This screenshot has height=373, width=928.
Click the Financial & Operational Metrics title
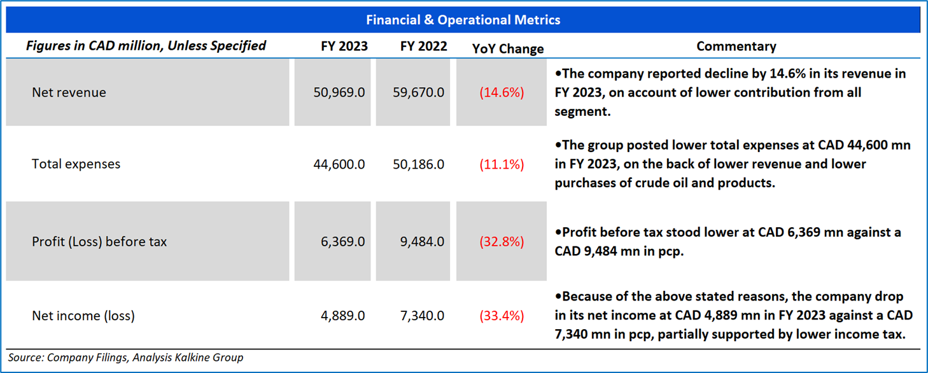(463, 20)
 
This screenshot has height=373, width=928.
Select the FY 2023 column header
(344, 46)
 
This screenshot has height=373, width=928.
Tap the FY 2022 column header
(423, 46)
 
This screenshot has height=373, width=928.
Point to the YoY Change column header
(508, 48)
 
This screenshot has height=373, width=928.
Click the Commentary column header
(736, 46)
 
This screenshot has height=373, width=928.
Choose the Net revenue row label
(69, 92)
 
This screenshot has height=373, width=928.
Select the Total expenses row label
(76, 164)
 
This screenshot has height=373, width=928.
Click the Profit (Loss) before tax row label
(99, 242)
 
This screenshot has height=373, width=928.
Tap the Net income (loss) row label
(83, 316)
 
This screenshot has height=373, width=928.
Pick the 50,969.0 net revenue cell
(339, 92)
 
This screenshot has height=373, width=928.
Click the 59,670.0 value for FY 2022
(418, 92)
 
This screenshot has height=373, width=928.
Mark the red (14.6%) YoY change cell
(502, 92)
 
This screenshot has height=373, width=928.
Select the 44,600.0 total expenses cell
(339, 164)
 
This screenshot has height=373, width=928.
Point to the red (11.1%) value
(502, 164)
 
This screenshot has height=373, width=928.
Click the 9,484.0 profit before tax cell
(421, 242)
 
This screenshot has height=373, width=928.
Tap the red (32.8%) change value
(502, 242)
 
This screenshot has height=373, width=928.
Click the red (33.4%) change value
(502, 316)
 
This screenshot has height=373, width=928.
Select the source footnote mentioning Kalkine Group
(125, 358)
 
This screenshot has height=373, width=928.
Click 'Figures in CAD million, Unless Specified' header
(146, 46)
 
